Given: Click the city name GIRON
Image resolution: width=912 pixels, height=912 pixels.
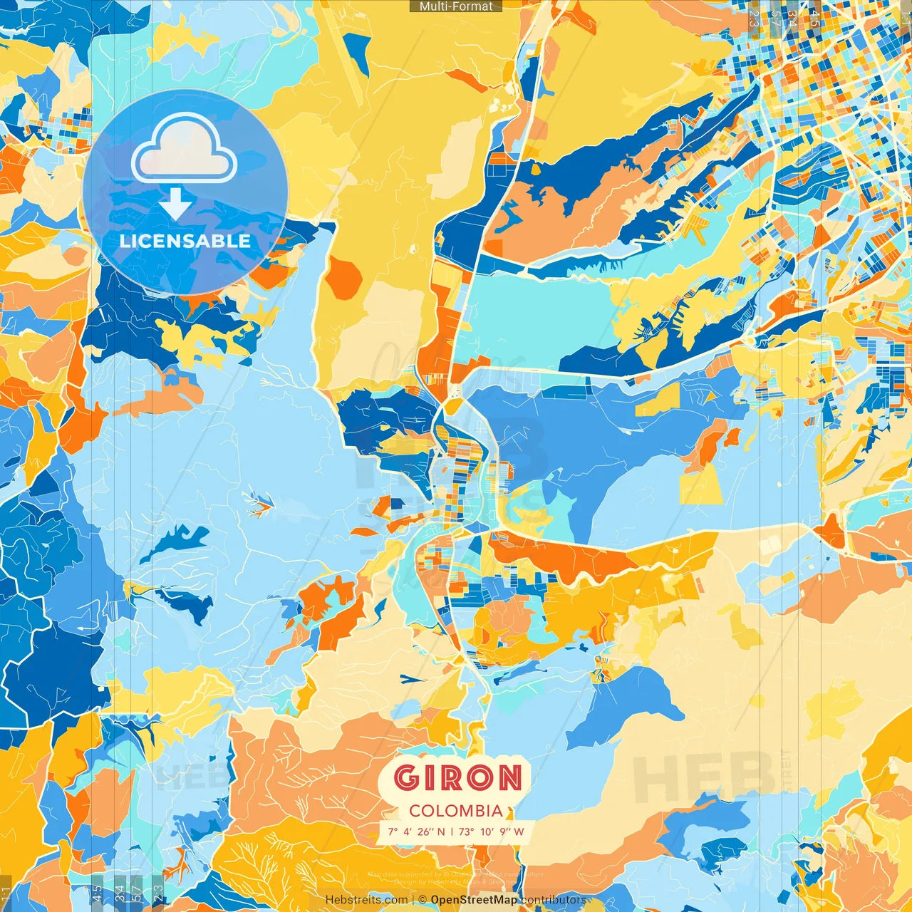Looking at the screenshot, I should click(x=457, y=778).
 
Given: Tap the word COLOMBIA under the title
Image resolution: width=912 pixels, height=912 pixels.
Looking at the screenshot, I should click(x=456, y=811).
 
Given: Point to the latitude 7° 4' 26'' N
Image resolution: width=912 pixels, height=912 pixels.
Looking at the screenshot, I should click(x=416, y=831).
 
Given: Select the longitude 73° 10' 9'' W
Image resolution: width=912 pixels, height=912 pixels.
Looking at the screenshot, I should click(x=492, y=831).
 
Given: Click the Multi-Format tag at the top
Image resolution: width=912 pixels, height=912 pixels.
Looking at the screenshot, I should click(x=456, y=6).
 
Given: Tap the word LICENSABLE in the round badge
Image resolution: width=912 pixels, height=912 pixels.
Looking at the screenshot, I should click(x=185, y=241).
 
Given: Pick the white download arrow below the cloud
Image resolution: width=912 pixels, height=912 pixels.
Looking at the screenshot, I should click(x=175, y=204).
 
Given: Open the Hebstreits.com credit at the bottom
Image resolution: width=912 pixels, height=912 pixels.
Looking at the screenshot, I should click(x=366, y=900).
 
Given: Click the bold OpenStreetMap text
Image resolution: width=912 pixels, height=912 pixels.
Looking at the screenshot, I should click(x=474, y=900).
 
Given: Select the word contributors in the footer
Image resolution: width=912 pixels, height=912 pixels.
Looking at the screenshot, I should click(x=554, y=900).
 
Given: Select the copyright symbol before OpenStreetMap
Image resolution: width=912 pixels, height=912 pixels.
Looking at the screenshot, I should click(x=423, y=900).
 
